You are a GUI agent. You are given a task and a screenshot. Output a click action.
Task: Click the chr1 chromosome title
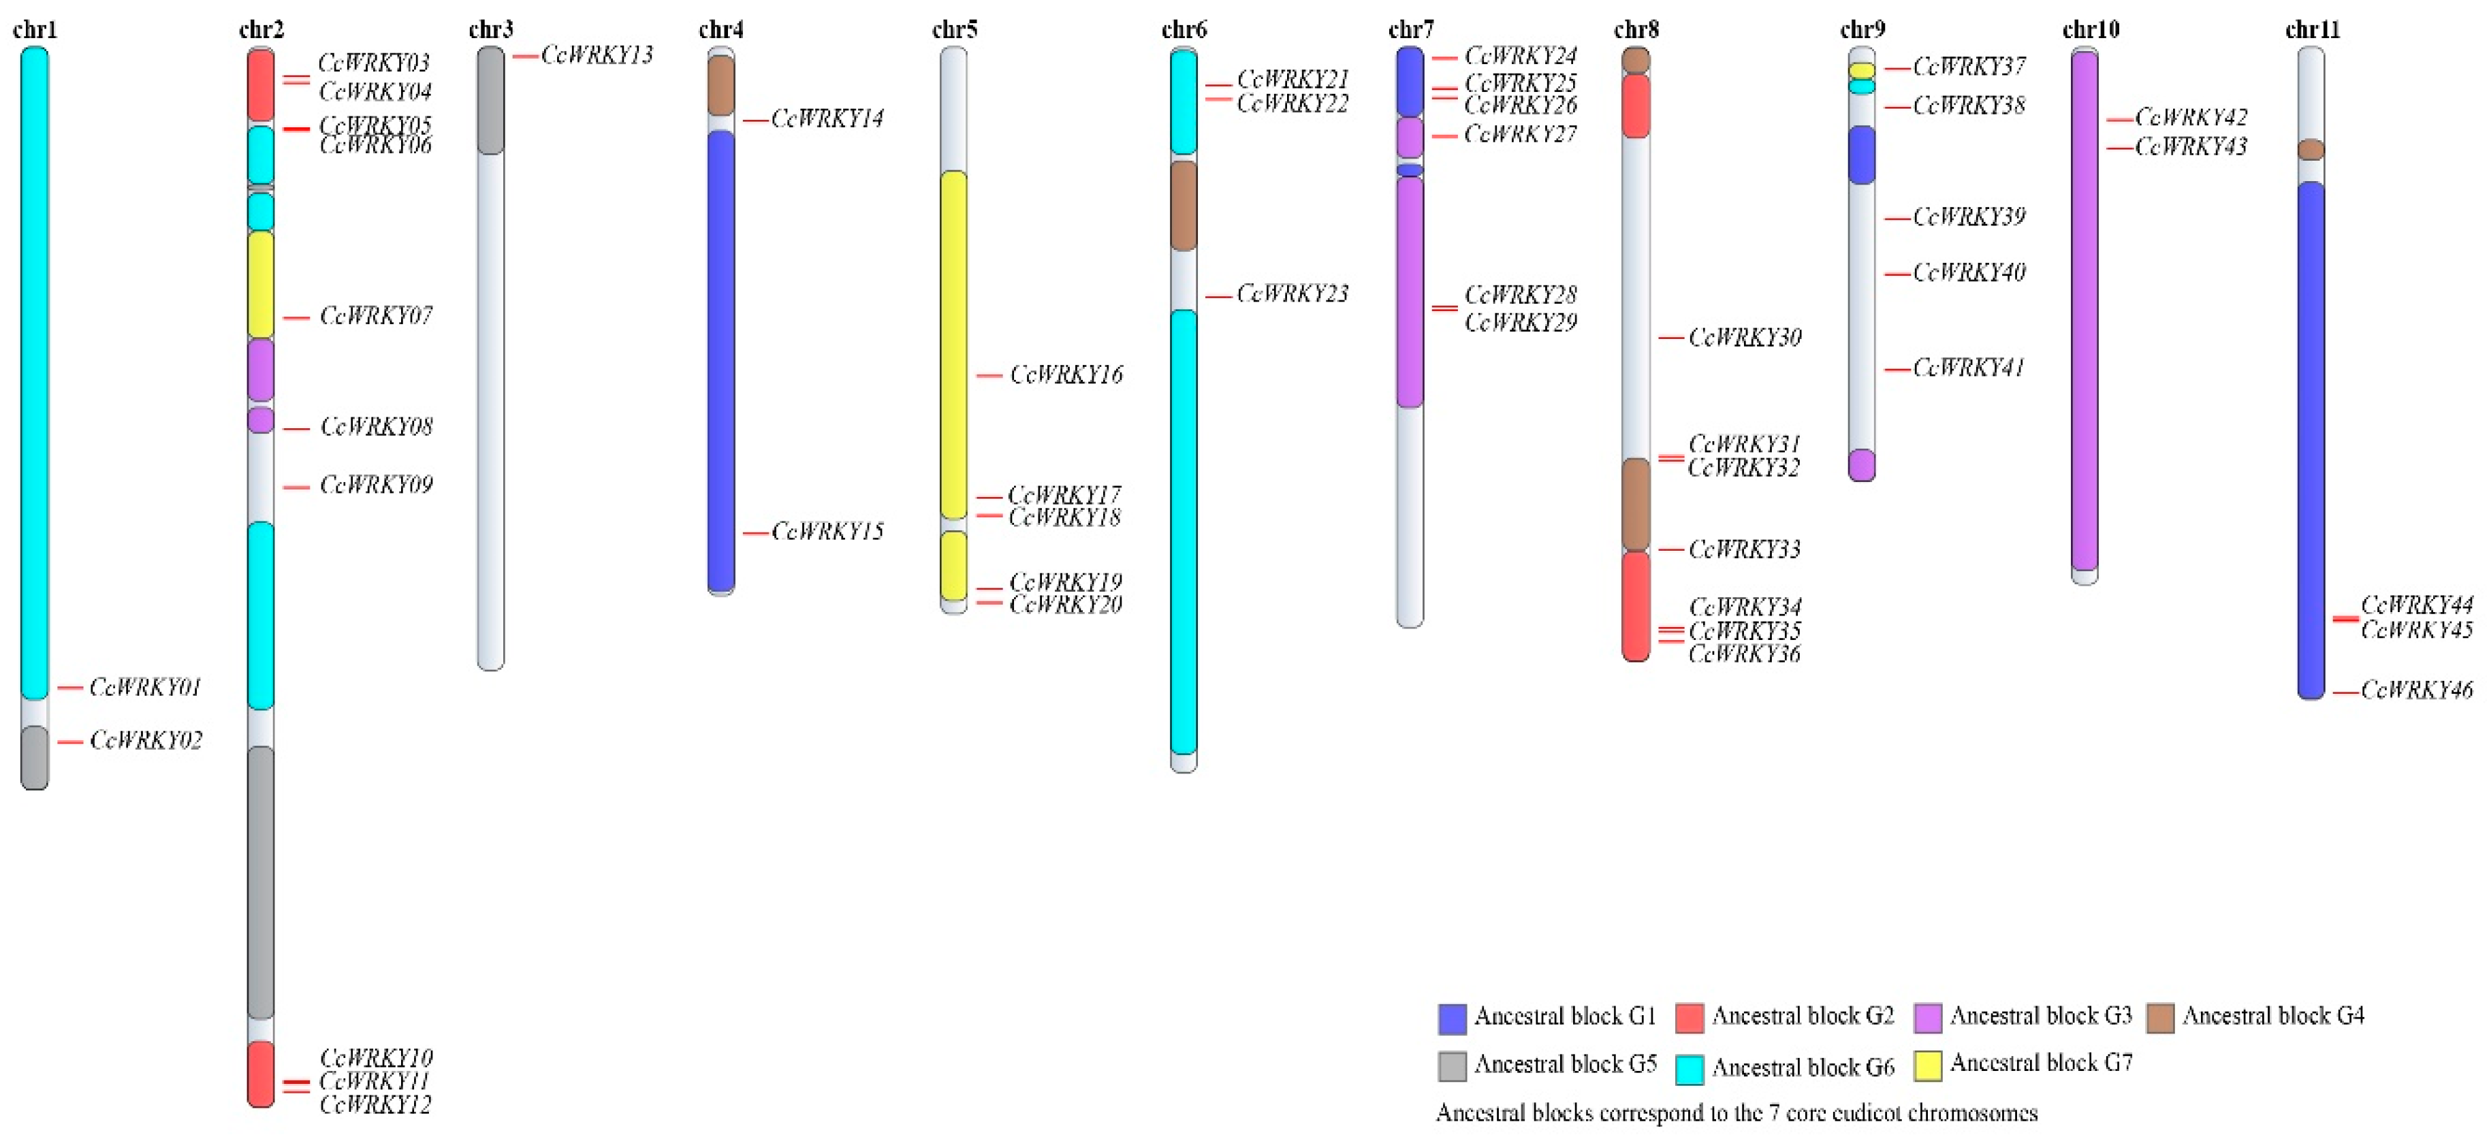coord(35,30)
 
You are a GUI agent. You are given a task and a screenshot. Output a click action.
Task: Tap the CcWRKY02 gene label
coord(146,740)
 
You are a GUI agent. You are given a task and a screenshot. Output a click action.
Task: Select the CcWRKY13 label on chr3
coord(596,55)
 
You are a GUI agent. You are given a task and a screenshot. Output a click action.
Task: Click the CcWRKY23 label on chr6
coord(1292,293)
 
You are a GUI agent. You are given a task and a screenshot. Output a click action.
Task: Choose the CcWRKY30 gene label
coord(1744,337)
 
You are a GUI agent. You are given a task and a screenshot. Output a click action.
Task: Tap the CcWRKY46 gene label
coord(2415,690)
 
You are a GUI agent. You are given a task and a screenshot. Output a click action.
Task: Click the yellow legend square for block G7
coord(1928,1066)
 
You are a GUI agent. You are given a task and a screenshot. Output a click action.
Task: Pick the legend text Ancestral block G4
coord(2272,1015)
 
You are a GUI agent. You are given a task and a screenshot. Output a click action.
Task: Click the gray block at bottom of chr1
coord(35,756)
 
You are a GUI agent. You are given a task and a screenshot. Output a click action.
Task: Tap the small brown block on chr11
coord(2311,150)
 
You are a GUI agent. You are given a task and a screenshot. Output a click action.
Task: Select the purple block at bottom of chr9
coord(1861,464)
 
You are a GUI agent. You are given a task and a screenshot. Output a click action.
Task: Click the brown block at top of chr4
coord(720,85)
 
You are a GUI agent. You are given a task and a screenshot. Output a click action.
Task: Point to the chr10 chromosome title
coord(2090,30)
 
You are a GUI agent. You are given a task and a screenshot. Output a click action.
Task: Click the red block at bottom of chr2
coord(261,1073)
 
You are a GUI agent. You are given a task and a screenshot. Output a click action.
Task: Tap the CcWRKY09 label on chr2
coord(376,484)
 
